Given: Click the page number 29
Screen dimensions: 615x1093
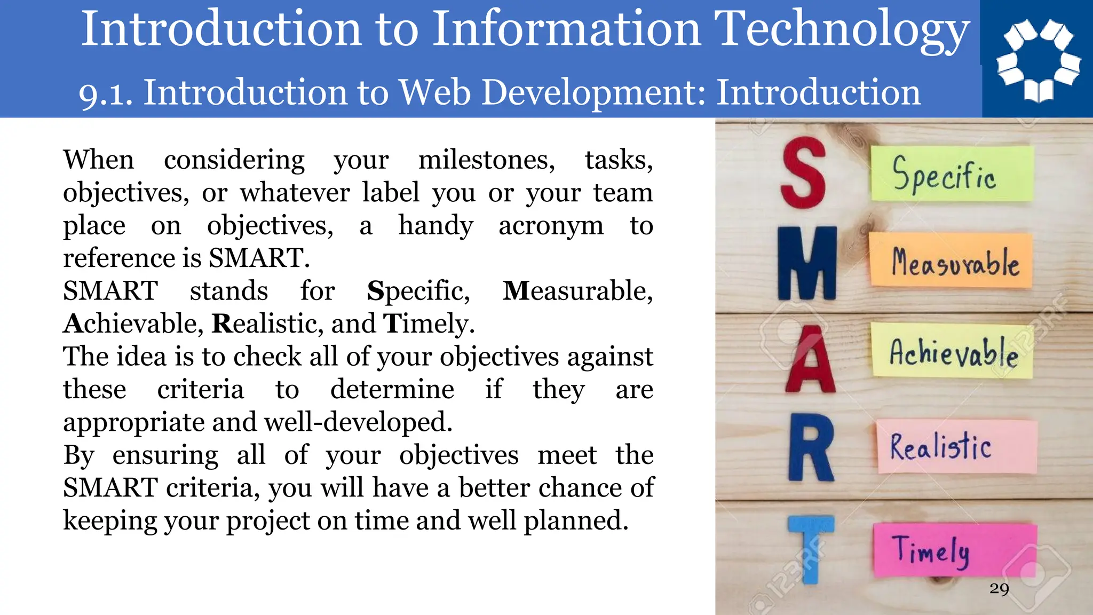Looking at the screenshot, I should pos(999,589).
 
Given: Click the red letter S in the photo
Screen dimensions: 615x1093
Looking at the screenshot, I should pos(803,172).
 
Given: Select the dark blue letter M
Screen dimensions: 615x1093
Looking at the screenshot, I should pos(806,263).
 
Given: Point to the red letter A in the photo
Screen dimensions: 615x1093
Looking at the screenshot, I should pos(810,361).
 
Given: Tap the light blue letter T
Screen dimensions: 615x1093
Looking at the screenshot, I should pos(811,547).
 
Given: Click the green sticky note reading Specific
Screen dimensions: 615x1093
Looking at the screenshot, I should pos(952,174).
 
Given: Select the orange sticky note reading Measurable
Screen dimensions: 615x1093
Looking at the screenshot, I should pos(951,260).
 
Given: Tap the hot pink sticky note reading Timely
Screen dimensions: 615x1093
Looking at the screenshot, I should pos(955,550).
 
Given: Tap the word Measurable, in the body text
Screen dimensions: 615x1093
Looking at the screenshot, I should pos(577,291).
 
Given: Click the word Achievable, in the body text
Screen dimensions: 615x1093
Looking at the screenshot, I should pos(133,324).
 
